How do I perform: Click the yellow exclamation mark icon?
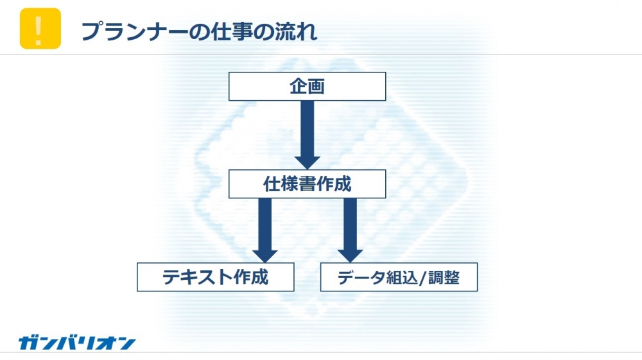pyautogui.click(x=40, y=28)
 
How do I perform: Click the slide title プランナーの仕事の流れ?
pyautogui.click(x=199, y=31)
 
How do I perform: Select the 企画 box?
pyautogui.click(x=307, y=87)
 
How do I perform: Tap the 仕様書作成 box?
pyautogui.click(x=307, y=184)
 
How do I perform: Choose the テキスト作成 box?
pyautogui.click(x=215, y=277)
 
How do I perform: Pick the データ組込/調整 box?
pyautogui.click(x=399, y=277)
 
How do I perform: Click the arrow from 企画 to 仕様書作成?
pyautogui.click(x=307, y=135)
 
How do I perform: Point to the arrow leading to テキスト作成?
pyautogui.click(x=265, y=230)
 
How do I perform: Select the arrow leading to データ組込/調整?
pyautogui.click(x=350, y=230)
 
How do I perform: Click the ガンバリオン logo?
pyautogui.click(x=77, y=343)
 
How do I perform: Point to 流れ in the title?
pyautogui.click(x=295, y=31)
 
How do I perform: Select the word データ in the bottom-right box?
pyautogui.click(x=361, y=278)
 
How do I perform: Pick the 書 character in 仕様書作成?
pyautogui.click(x=307, y=184)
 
